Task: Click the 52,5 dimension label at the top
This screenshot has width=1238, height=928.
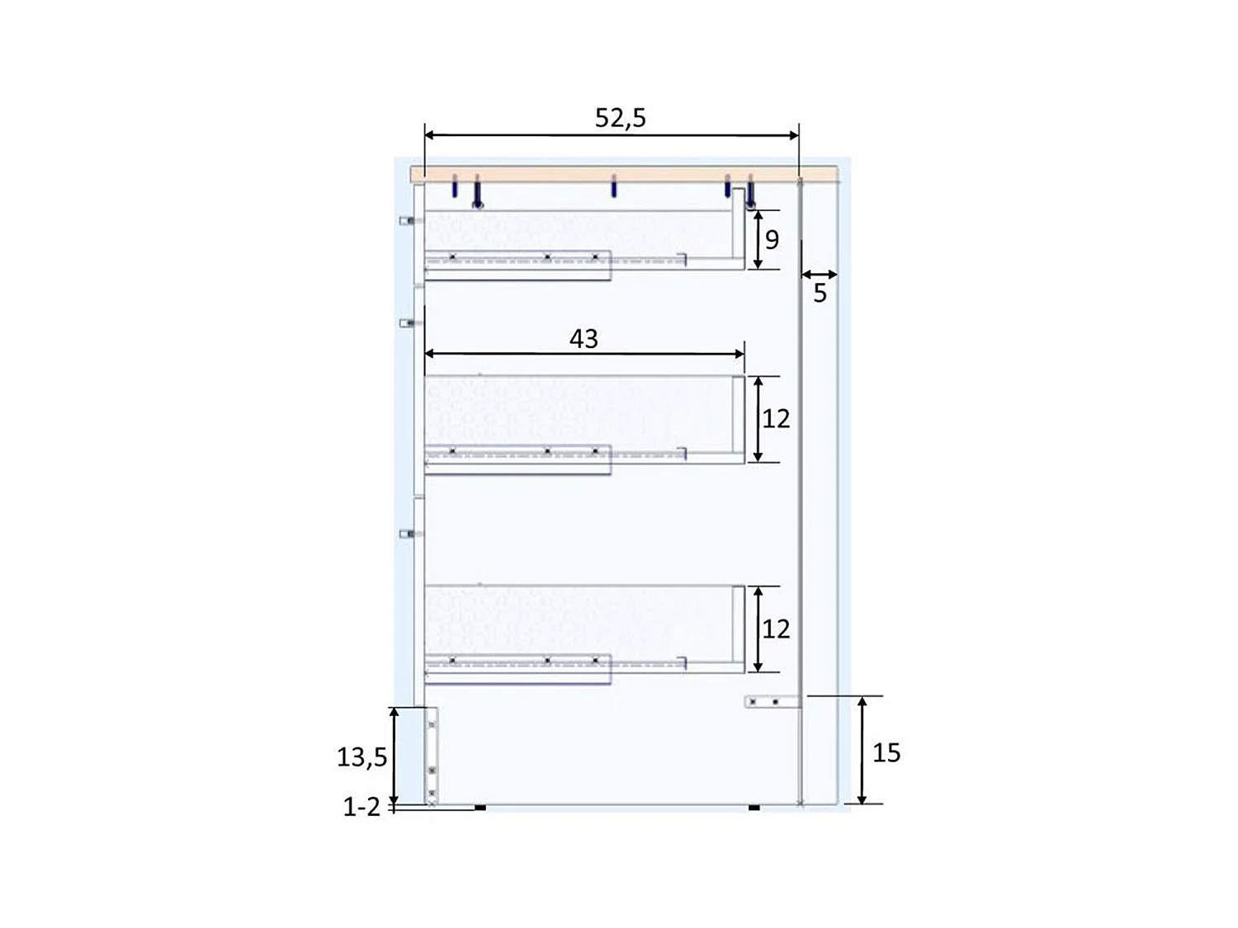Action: coord(620,118)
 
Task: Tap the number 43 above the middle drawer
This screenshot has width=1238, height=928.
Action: coord(584,338)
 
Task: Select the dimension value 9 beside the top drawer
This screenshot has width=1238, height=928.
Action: coord(772,239)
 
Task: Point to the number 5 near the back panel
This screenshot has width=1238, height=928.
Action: coord(820,293)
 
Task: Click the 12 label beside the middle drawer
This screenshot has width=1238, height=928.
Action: coord(776,418)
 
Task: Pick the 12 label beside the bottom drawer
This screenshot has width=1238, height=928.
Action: coord(776,629)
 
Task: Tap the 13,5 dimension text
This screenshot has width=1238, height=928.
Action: coord(361,756)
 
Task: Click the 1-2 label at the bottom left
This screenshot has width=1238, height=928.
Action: coord(361,807)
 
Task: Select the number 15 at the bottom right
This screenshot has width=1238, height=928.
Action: coord(886,752)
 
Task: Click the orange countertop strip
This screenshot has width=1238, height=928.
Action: coord(624,173)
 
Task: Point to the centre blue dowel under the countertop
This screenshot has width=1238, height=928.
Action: coord(613,186)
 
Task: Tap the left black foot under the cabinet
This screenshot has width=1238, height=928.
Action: coord(480,808)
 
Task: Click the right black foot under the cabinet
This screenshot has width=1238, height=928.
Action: coord(754,808)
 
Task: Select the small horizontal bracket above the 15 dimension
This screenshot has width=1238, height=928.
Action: coord(772,702)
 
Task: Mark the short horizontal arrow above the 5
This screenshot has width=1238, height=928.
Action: coord(819,274)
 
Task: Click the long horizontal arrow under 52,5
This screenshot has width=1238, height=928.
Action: coord(612,135)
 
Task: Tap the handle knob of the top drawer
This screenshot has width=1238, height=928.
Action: coord(406,220)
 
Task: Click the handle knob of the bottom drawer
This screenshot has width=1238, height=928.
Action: coord(406,534)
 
